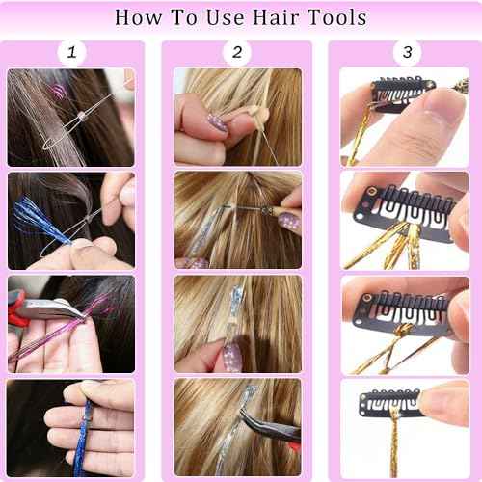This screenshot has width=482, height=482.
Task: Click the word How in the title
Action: (x=141, y=16)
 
